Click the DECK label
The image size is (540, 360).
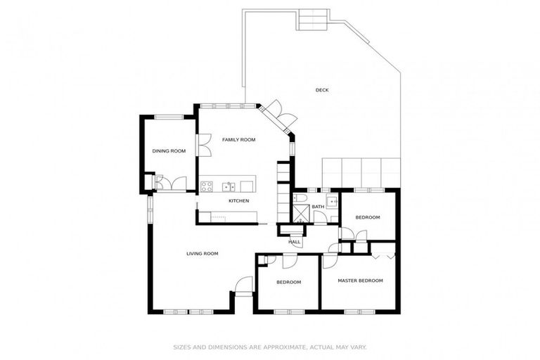tap(322, 90)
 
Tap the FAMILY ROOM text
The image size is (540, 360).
tap(238, 140)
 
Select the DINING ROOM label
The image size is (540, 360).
tap(169, 151)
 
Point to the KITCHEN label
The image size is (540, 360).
tap(238, 202)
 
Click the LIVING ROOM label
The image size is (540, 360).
tap(202, 254)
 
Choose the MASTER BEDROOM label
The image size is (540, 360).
tap(360, 281)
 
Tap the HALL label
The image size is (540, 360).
tap(294, 242)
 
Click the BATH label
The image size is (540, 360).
tap(318, 207)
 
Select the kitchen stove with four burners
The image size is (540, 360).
tap(207, 186)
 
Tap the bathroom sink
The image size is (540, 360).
tap(331, 201)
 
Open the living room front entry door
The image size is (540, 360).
tap(243, 287)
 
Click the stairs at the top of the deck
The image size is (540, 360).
tap(313, 19)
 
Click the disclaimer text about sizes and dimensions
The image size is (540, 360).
tap(270, 347)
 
